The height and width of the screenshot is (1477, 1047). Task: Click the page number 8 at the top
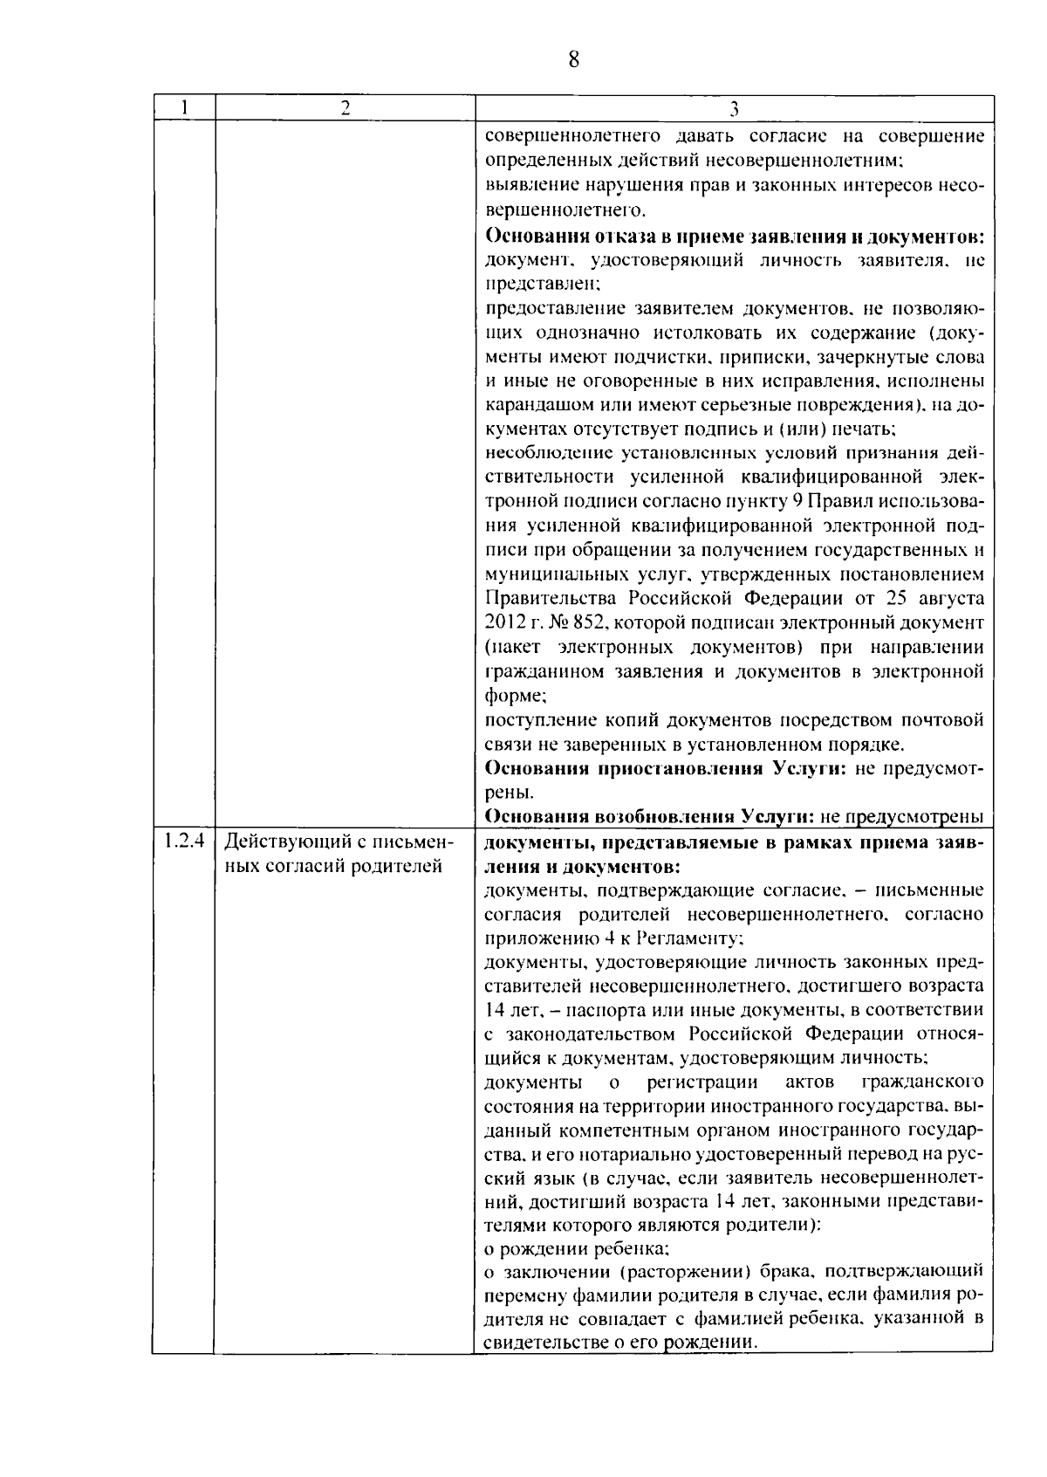(573, 59)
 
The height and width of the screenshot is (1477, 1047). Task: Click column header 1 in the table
(184, 108)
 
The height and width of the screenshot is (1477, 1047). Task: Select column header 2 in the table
(346, 108)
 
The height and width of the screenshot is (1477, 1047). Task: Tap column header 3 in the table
(734, 109)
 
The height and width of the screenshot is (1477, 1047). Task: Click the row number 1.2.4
(183, 842)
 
